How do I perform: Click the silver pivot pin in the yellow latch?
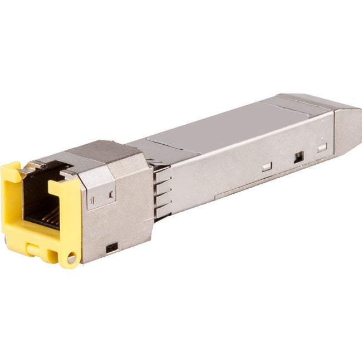71,258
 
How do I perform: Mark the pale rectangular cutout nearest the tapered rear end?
322,148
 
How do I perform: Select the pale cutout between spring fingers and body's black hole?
267,165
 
